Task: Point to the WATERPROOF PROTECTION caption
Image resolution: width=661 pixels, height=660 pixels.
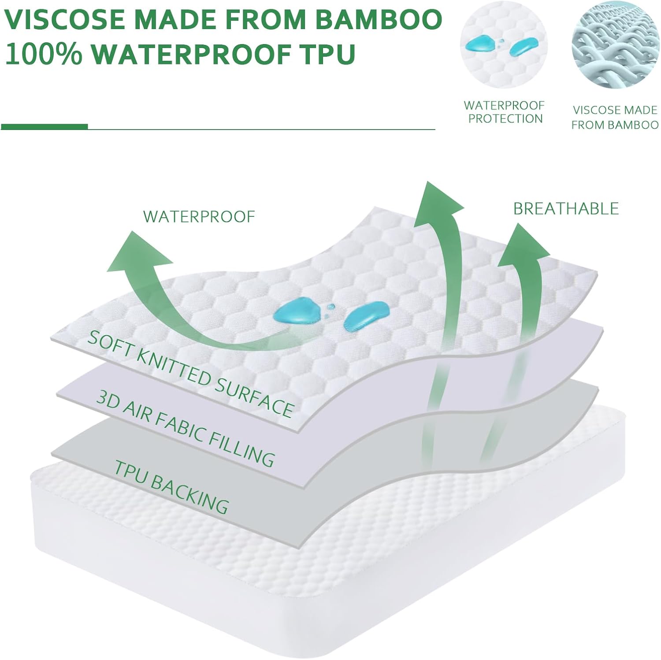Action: tap(505, 112)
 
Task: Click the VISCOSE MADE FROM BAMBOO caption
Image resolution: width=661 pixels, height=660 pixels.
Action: tap(615, 117)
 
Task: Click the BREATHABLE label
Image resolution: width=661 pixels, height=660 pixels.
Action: tap(566, 208)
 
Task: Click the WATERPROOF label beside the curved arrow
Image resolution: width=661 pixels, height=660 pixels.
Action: tap(199, 216)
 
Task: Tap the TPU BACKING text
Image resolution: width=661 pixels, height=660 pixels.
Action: tap(171, 486)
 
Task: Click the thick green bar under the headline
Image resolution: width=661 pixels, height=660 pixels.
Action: tap(44, 127)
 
